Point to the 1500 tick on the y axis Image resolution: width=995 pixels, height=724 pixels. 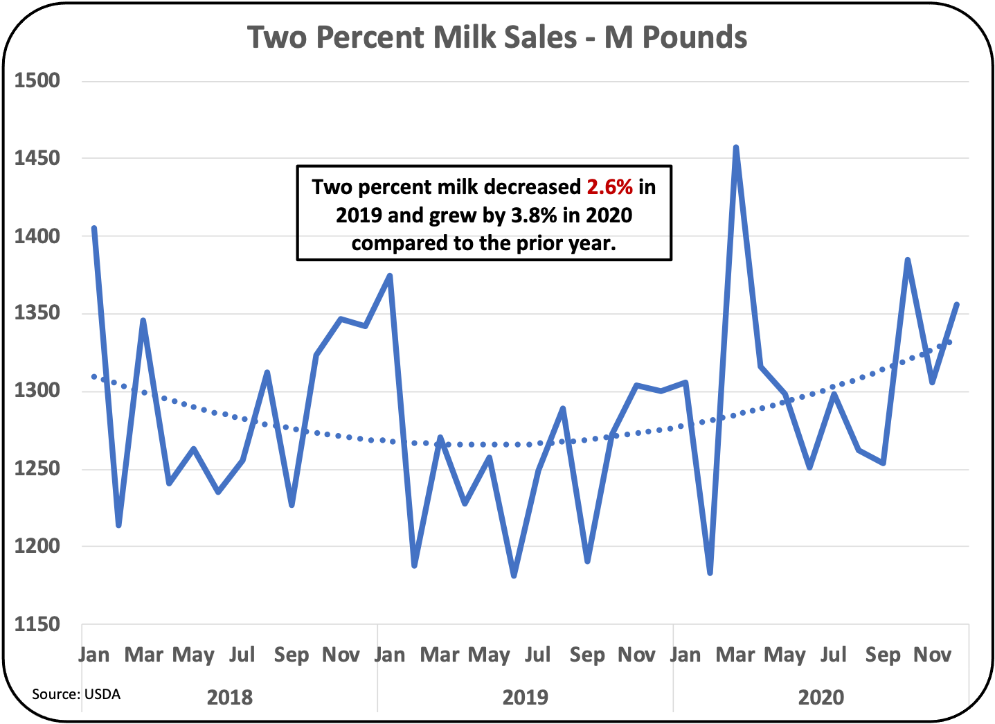pos(37,81)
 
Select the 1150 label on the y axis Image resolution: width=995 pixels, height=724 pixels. pos(37,624)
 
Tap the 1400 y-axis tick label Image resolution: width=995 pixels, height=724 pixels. pos(37,236)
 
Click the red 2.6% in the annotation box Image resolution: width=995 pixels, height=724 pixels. pos(609,187)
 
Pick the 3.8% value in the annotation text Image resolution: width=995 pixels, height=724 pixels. pos(534,215)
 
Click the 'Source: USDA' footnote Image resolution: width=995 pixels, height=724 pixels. pos(76,694)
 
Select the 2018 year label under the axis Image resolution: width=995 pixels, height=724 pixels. pos(230,697)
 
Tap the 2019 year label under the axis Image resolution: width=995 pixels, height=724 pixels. pos(525,697)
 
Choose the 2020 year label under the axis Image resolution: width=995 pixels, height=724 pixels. pos(821,697)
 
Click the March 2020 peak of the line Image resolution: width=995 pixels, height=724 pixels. pos(735,148)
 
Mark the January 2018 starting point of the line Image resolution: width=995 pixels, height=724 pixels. pos(94,228)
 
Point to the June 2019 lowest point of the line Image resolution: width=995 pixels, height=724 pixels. pos(514,576)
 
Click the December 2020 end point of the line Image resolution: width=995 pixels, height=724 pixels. pos(957,304)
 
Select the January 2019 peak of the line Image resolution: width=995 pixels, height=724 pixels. pos(390,275)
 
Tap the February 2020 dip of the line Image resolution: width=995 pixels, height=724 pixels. pos(710,573)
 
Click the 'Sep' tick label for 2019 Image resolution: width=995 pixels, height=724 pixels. pos(586,655)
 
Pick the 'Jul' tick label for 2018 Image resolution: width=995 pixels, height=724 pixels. pos(242,655)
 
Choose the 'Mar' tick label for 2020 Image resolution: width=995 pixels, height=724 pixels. pos(735,655)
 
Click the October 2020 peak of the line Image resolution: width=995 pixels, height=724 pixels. pos(907,260)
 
